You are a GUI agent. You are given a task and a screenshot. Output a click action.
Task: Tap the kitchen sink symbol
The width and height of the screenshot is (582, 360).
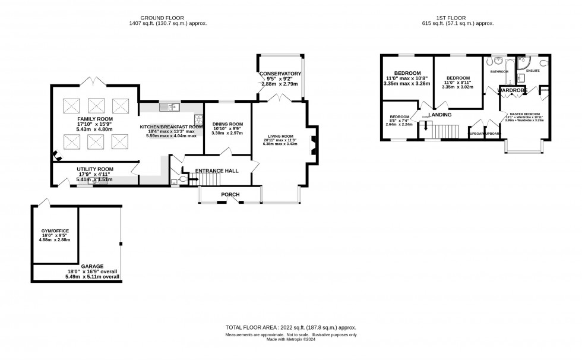coord(170,107)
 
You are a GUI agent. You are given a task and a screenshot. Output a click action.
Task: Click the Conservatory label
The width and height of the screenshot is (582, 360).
coord(280,74)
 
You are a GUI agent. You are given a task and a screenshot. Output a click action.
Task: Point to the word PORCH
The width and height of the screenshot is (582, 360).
coord(230,194)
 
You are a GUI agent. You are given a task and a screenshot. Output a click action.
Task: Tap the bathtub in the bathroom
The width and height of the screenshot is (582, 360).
coord(497,61)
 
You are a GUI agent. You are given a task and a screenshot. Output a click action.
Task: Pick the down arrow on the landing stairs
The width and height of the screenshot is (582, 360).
coord(425,124)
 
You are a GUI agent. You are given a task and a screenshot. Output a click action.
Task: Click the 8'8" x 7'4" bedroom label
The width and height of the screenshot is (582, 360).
coord(399,117)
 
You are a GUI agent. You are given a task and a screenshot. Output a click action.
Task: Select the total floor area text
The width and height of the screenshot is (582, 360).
coord(290,328)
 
